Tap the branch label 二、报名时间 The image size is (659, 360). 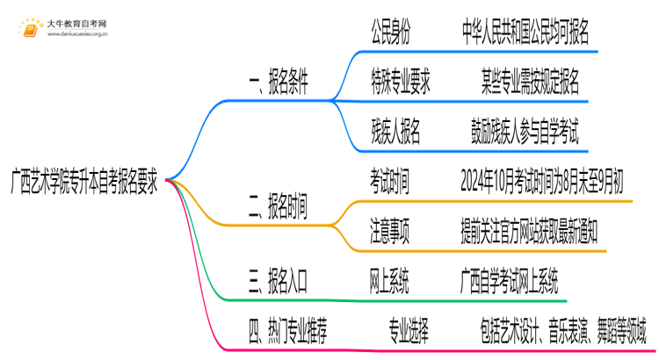(278, 208)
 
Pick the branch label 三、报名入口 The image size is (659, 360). (278, 281)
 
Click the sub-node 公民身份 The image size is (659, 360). (390, 32)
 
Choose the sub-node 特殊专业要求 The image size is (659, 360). (400, 83)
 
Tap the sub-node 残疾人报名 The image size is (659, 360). (395, 132)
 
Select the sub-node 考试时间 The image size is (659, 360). (389, 182)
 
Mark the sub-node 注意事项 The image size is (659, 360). (389, 231)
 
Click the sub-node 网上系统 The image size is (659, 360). (389, 281)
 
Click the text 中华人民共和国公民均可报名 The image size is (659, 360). (525, 32)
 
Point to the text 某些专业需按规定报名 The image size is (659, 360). (530, 83)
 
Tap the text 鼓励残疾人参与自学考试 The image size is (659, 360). (525, 132)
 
